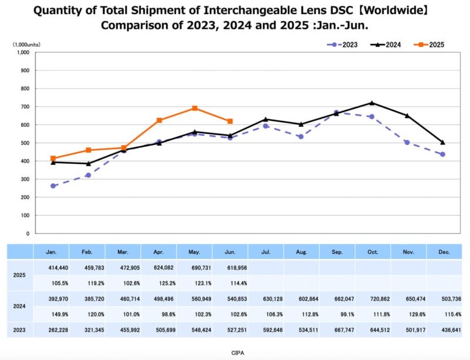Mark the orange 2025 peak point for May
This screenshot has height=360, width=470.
tap(194, 108)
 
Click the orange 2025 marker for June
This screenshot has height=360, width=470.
tap(230, 121)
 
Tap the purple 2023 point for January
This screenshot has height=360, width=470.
tap(53, 186)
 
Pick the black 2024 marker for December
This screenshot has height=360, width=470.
tap(442, 142)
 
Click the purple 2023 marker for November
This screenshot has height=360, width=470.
tap(407, 142)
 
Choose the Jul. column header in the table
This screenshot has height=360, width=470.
tap(266, 251)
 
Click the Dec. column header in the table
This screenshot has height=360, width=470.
tap(444, 251)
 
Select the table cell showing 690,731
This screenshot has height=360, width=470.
tap(194, 267)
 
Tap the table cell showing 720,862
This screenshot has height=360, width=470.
tap(372, 298)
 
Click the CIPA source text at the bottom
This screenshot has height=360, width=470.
tap(235, 352)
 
